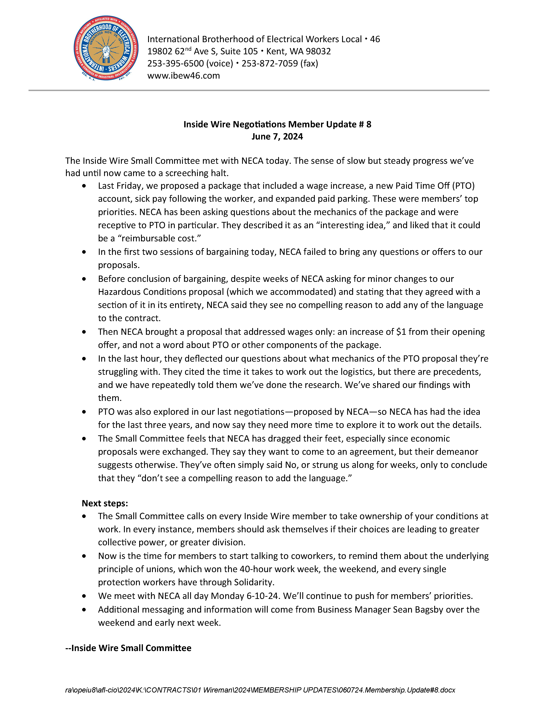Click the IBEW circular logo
coord(106,48)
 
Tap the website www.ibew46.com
coord(184,76)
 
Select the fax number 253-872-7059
coord(270,63)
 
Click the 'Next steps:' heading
coord(105,503)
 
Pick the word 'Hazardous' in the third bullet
coord(119,292)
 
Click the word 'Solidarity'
coord(254,582)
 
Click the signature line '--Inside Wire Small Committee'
coord(128,648)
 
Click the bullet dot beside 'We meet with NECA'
coord(84,596)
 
